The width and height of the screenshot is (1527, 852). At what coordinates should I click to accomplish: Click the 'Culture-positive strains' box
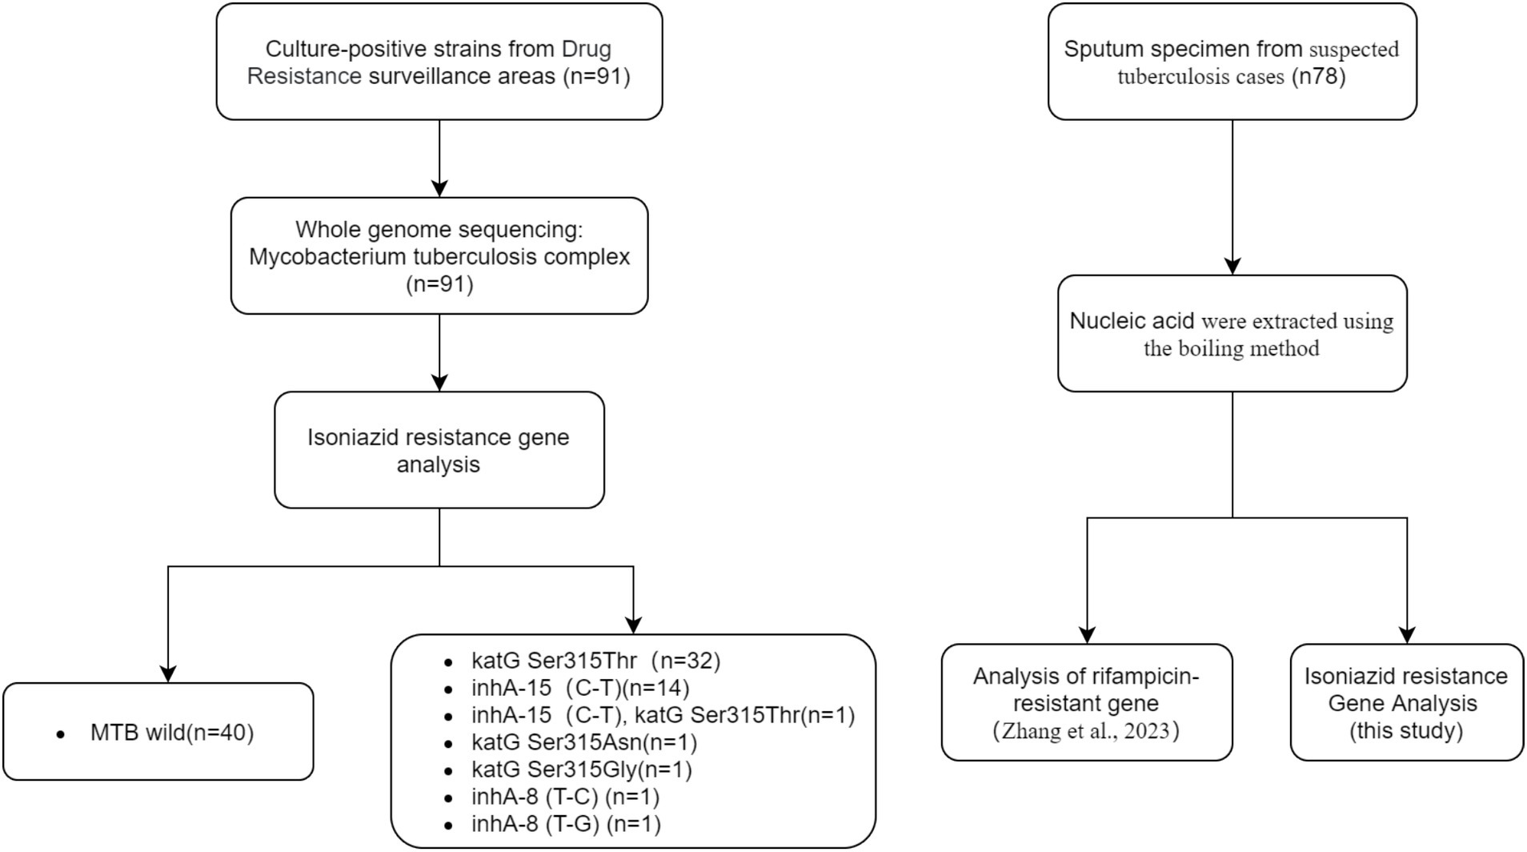(x=439, y=62)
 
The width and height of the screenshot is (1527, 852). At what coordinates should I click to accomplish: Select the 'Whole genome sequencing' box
(x=439, y=255)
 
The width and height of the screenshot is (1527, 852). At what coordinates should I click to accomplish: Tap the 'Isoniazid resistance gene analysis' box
(x=439, y=450)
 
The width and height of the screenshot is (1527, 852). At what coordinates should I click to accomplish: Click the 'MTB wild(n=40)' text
(x=172, y=733)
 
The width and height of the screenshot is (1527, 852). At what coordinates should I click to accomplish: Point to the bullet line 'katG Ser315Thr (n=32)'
(x=596, y=661)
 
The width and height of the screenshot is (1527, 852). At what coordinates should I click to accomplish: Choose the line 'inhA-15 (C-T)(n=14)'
(x=580, y=688)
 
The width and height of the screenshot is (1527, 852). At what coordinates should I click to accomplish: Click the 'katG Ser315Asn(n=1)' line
(x=584, y=742)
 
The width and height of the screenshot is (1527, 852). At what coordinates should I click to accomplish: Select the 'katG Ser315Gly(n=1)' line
(x=582, y=770)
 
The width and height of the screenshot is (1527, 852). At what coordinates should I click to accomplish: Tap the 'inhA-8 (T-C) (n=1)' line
(x=566, y=797)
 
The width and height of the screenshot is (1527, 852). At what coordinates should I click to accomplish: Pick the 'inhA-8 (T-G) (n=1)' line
(x=567, y=824)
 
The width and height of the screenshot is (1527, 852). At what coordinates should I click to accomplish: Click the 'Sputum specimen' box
(x=1232, y=62)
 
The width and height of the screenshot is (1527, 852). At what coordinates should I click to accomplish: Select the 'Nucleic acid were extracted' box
(x=1232, y=333)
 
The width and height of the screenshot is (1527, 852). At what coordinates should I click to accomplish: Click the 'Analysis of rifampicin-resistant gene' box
(x=1087, y=702)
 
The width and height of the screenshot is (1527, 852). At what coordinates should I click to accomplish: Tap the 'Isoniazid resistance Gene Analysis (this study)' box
(x=1407, y=702)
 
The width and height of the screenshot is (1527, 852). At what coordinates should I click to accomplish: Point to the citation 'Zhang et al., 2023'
(x=1086, y=731)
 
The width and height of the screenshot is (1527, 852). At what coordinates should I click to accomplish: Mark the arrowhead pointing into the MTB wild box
(x=168, y=674)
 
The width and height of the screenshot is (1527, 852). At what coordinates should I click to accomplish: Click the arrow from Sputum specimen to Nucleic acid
(x=1232, y=198)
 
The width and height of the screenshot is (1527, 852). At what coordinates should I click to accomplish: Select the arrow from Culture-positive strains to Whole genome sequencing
(x=439, y=159)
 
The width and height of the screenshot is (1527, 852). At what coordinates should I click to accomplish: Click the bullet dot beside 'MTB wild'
(x=61, y=734)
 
